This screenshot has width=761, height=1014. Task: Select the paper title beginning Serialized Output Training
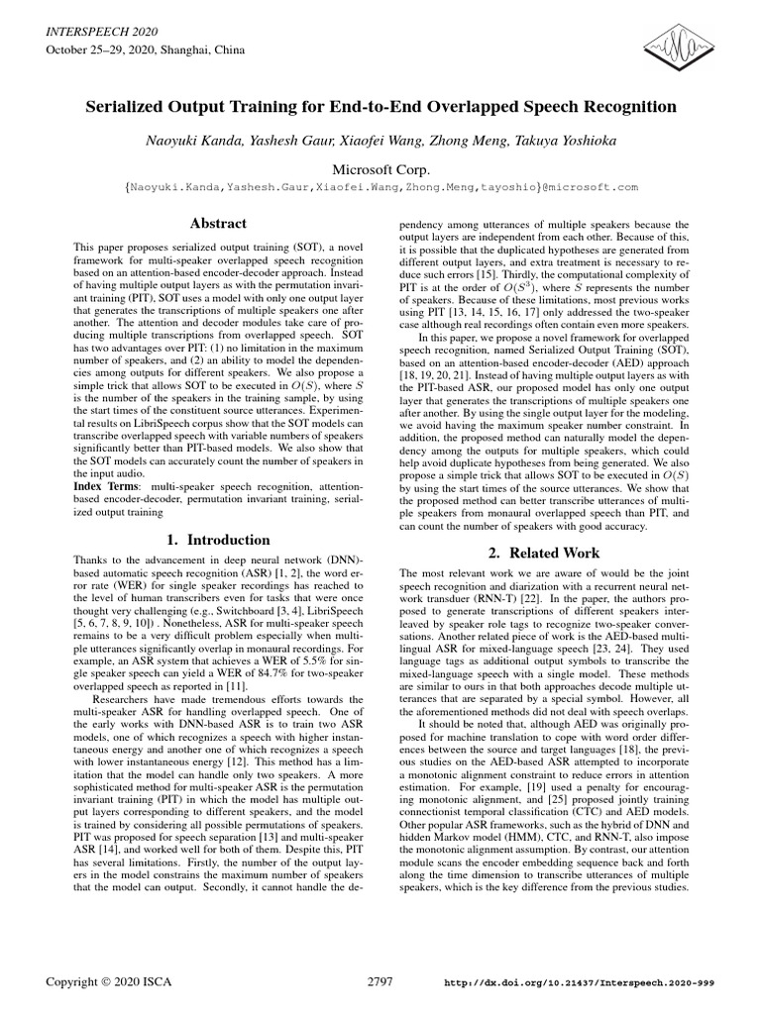click(x=381, y=106)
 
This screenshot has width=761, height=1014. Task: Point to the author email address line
click(x=381, y=186)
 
